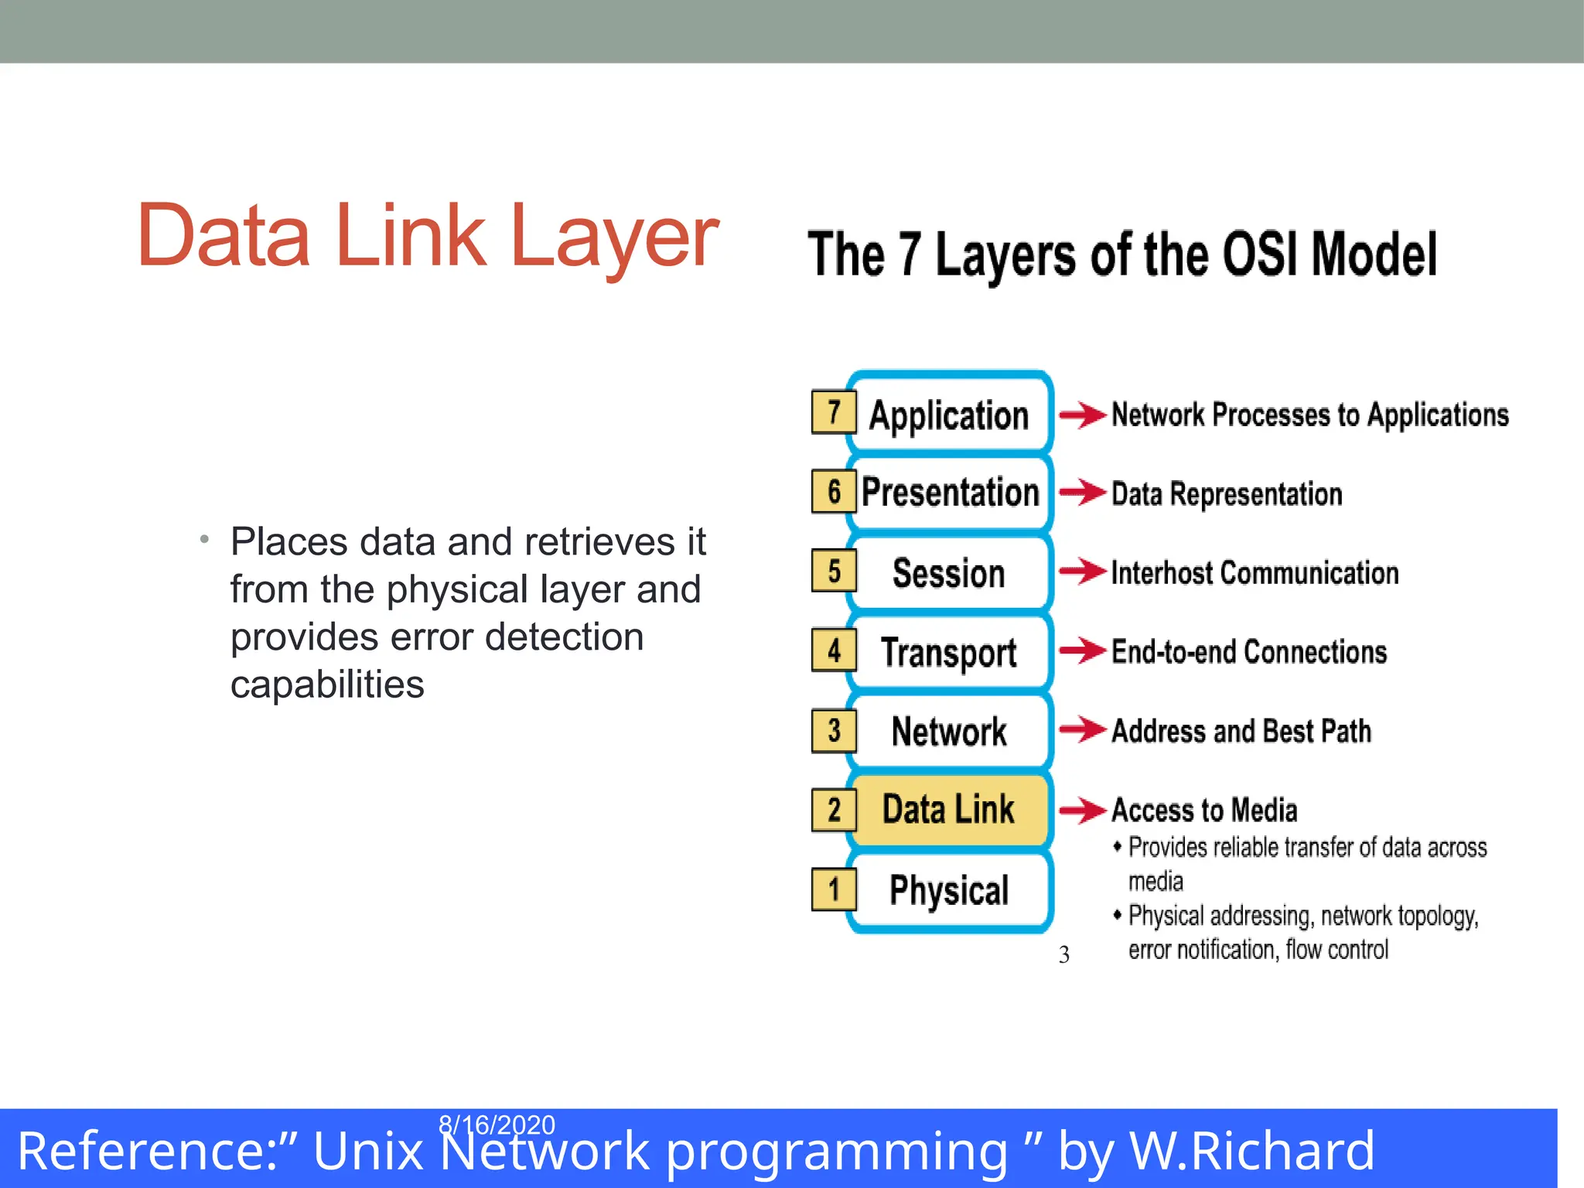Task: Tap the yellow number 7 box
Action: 833,412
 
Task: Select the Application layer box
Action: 949,415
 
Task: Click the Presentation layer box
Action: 951,493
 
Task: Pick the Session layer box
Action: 949,573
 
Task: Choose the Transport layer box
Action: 949,652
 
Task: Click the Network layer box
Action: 949,731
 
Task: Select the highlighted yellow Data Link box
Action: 949,810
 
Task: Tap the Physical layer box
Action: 949,889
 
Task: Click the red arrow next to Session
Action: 1082,572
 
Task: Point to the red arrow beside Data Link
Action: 1082,810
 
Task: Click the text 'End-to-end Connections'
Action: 1248,652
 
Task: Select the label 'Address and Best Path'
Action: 1241,731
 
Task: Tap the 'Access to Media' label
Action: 1204,810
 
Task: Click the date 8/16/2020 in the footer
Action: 497,1124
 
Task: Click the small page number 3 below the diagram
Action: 1064,955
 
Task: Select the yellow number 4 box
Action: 833,650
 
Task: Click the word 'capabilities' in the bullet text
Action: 327,684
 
